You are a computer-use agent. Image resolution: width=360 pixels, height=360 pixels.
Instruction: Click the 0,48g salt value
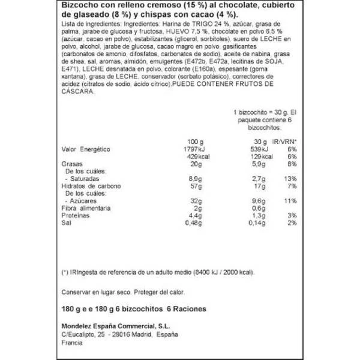click(208, 223)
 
